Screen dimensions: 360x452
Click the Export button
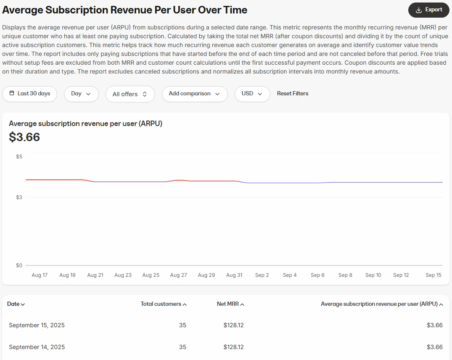[x=429, y=10]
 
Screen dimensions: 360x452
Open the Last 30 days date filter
[x=29, y=94]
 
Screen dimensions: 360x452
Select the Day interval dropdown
[x=81, y=94]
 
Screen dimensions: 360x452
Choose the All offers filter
[x=130, y=94]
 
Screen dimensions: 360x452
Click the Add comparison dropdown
[x=194, y=94]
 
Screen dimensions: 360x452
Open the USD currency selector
[x=252, y=94]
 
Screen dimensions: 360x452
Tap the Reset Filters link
[x=293, y=94]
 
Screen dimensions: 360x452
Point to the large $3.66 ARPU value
[x=24, y=137]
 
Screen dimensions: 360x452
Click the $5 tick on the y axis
[x=19, y=156]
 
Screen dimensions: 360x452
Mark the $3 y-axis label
[x=19, y=197]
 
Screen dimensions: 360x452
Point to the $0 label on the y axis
[x=19, y=265]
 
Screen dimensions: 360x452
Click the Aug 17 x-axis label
[x=40, y=275]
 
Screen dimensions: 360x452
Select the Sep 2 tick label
[x=262, y=275]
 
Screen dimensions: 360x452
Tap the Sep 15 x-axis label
[x=433, y=275]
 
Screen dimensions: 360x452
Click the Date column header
[x=16, y=304]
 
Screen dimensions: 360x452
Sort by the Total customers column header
[x=164, y=304]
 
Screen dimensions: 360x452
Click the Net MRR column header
[x=230, y=304]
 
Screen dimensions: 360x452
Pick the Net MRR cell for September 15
[x=234, y=325]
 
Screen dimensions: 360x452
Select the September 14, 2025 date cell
[x=37, y=347]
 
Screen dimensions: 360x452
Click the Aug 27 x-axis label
[x=178, y=275]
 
